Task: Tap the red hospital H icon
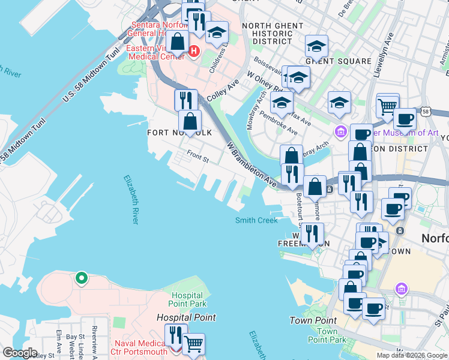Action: pyautogui.click(x=194, y=52)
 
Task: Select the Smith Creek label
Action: pyautogui.click(x=256, y=221)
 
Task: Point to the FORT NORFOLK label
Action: pyautogui.click(x=179, y=133)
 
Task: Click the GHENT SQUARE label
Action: pyautogui.click(x=338, y=61)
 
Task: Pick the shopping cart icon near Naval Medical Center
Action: pyautogui.click(x=193, y=344)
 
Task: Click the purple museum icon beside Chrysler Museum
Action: pyautogui.click(x=341, y=131)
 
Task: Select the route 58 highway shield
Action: pyautogui.click(x=425, y=112)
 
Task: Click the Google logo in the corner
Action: pyautogui.click(x=19, y=353)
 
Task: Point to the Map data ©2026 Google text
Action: pyautogui.click(x=412, y=355)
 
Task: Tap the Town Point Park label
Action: pyautogui.click(x=327, y=335)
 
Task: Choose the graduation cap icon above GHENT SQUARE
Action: pyautogui.click(x=316, y=46)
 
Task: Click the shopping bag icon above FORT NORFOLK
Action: pyautogui.click(x=190, y=121)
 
